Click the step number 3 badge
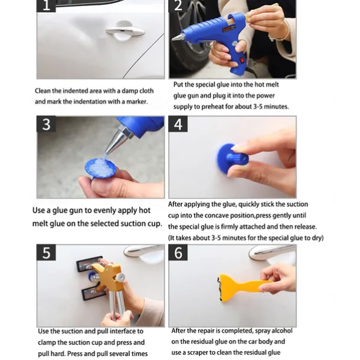click(x=46, y=124)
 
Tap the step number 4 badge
click(x=178, y=124)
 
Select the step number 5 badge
click(x=46, y=253)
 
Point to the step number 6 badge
click(x=178, y=253)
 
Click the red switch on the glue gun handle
click(x=242, y=60)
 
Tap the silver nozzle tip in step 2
click(x=177, y=37)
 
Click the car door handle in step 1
click(x=125, y=31)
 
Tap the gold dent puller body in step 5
click(x=110, y=277)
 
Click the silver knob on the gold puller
click(x=120, y=277)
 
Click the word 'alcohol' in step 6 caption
click(x=282, y=330)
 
